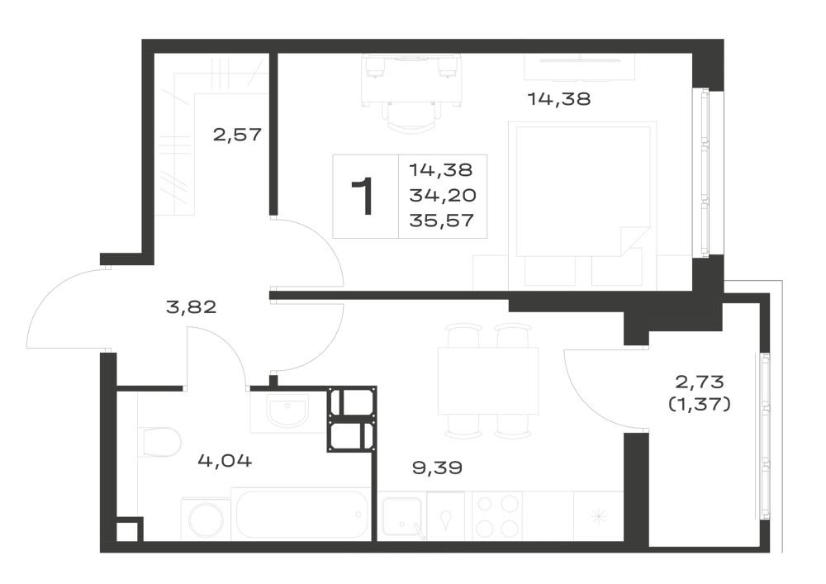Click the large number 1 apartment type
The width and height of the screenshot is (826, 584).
tap(363, 197)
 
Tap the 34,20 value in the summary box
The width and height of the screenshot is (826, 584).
tap(443, 196)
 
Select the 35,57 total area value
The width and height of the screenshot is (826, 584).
tap(441, 220)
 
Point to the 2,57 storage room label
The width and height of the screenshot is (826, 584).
tap(237, 135)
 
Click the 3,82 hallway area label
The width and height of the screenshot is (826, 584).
tap(192, 307)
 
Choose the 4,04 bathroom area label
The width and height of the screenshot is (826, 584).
tap(225, 461)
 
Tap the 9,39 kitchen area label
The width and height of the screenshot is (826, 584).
tap(437, 467)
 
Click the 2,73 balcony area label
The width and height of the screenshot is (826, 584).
tap(700, 381)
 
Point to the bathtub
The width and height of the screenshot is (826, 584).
tap(301, 515)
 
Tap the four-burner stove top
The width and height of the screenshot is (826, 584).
tap(496, 516)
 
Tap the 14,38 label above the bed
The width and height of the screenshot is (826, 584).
tap(559, 98)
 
